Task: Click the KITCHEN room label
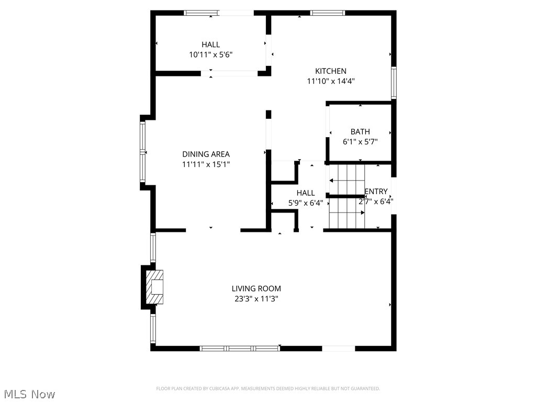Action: [x=330, y=71]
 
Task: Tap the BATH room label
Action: [x=360, y=132]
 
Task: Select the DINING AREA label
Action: [x=206, y=154]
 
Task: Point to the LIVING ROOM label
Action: [x=256, y=288]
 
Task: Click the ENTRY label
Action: [x=376, y=192]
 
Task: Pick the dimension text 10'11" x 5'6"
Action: [x=210, y=54]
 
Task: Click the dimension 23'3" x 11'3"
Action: [x=256, y=299]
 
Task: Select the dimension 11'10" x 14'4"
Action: [x=331, y=81]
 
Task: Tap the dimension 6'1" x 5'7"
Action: [x=360, y=142]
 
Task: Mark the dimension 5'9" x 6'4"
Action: [x=305, y=203]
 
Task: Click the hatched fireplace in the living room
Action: [x=155, y=287]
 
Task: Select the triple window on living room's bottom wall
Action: [x=240, y=348]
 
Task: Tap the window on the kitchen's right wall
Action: [x=394, y=83]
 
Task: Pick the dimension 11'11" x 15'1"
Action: [x=206, y=164]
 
